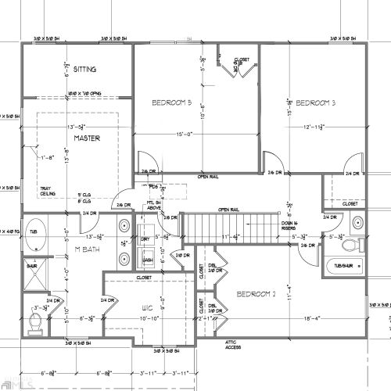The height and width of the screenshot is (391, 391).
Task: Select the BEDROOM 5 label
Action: point(171,103)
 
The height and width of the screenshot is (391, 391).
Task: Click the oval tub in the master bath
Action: point(35,240)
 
